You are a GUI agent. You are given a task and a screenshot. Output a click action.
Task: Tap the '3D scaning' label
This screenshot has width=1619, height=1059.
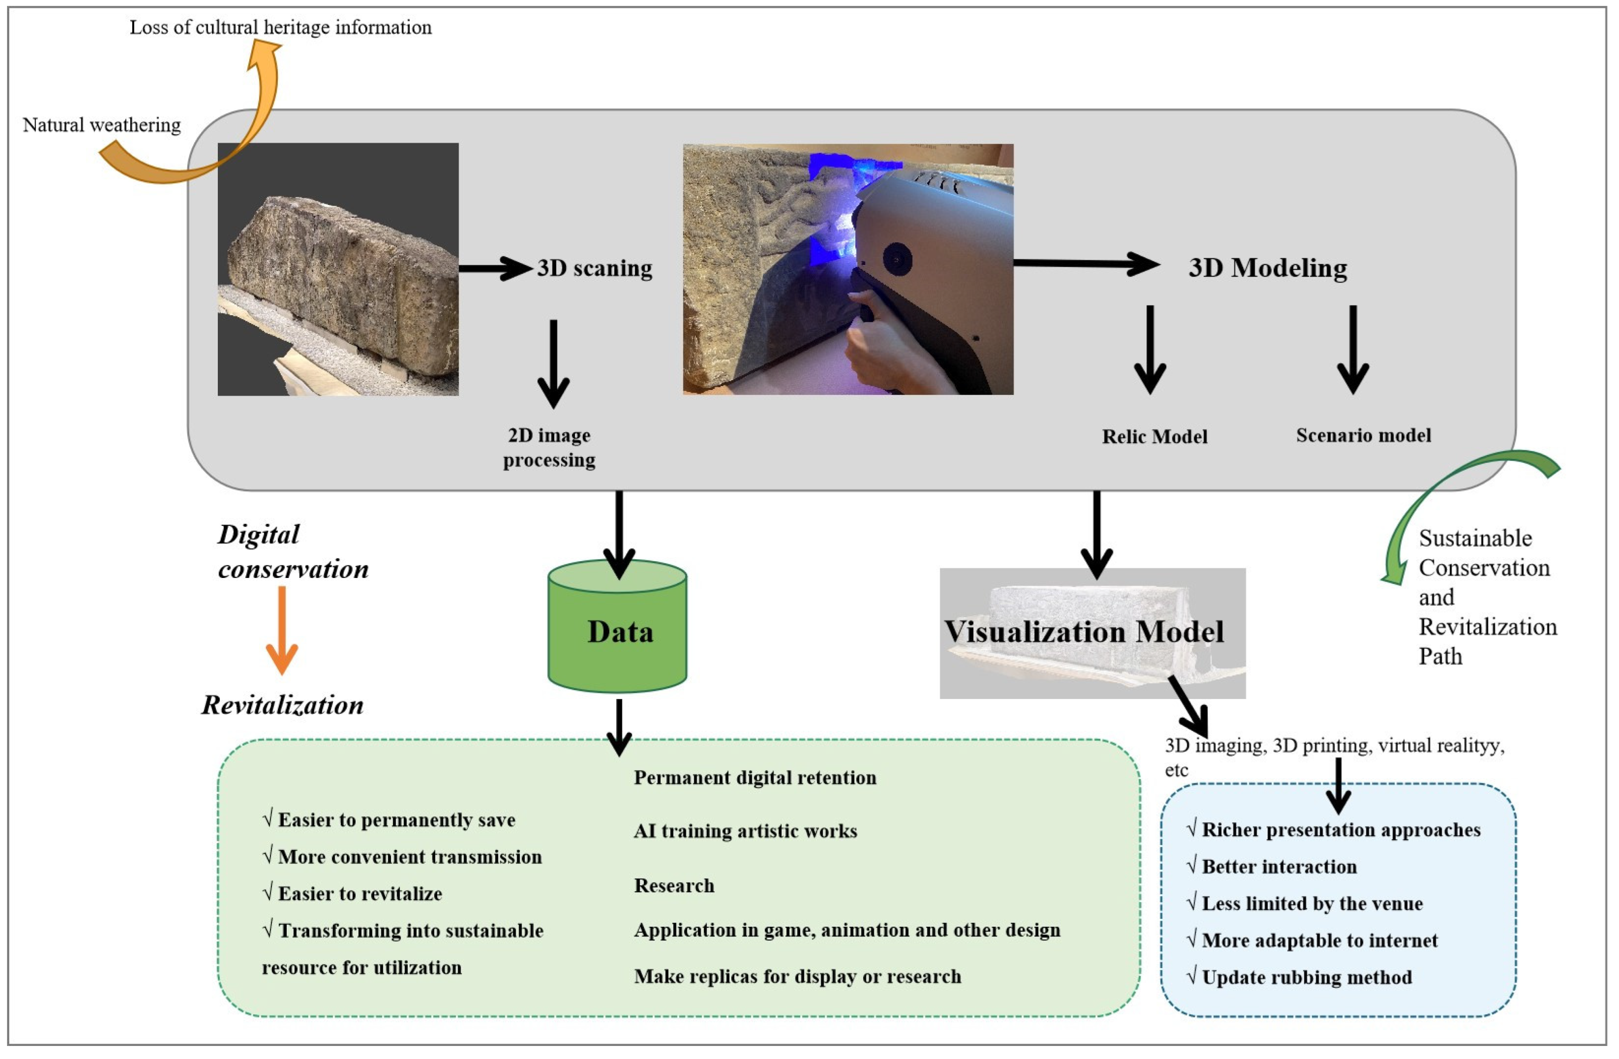tap(594, 268)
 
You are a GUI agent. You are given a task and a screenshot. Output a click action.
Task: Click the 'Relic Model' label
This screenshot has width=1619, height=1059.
tap(1154, 436)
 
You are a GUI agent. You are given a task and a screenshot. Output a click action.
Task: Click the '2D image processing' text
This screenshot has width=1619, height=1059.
tap(549, 447)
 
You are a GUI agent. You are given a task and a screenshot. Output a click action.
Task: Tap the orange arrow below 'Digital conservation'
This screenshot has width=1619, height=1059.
tap(282, 630)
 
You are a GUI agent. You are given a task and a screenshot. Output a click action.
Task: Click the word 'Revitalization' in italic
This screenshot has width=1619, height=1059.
tap(282, 705)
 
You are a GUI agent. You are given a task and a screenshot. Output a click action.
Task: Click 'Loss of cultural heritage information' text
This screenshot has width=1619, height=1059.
tap(280, 27)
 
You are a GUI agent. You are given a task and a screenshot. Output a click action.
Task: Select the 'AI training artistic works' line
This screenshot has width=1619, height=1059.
tap(745, 831)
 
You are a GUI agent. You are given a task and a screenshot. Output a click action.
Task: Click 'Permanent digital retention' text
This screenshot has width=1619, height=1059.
tap(755, 778)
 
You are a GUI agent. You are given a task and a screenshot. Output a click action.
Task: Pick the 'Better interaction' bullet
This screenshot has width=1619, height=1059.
tap(1278, 866)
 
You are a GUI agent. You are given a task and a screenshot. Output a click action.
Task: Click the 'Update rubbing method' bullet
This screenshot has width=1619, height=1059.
tap(1306, 978)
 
